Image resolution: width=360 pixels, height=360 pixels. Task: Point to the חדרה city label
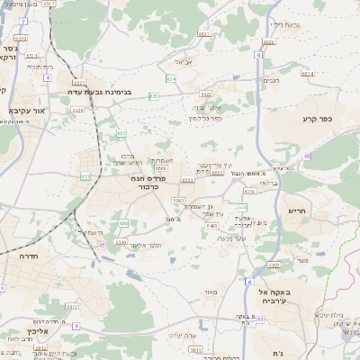[x=26, y=256]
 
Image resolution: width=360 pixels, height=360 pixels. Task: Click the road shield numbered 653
[x=121, y=133]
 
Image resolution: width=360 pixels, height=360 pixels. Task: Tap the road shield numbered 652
[x=155, y=94]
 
